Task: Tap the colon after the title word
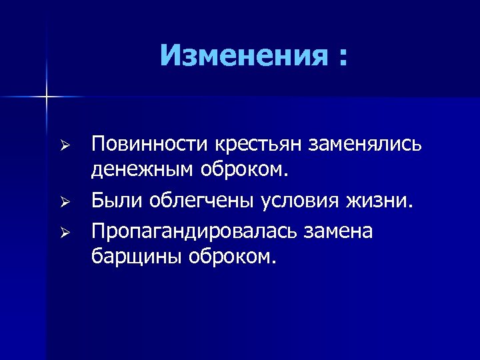coord(343,58)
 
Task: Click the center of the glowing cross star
coord(47,97)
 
